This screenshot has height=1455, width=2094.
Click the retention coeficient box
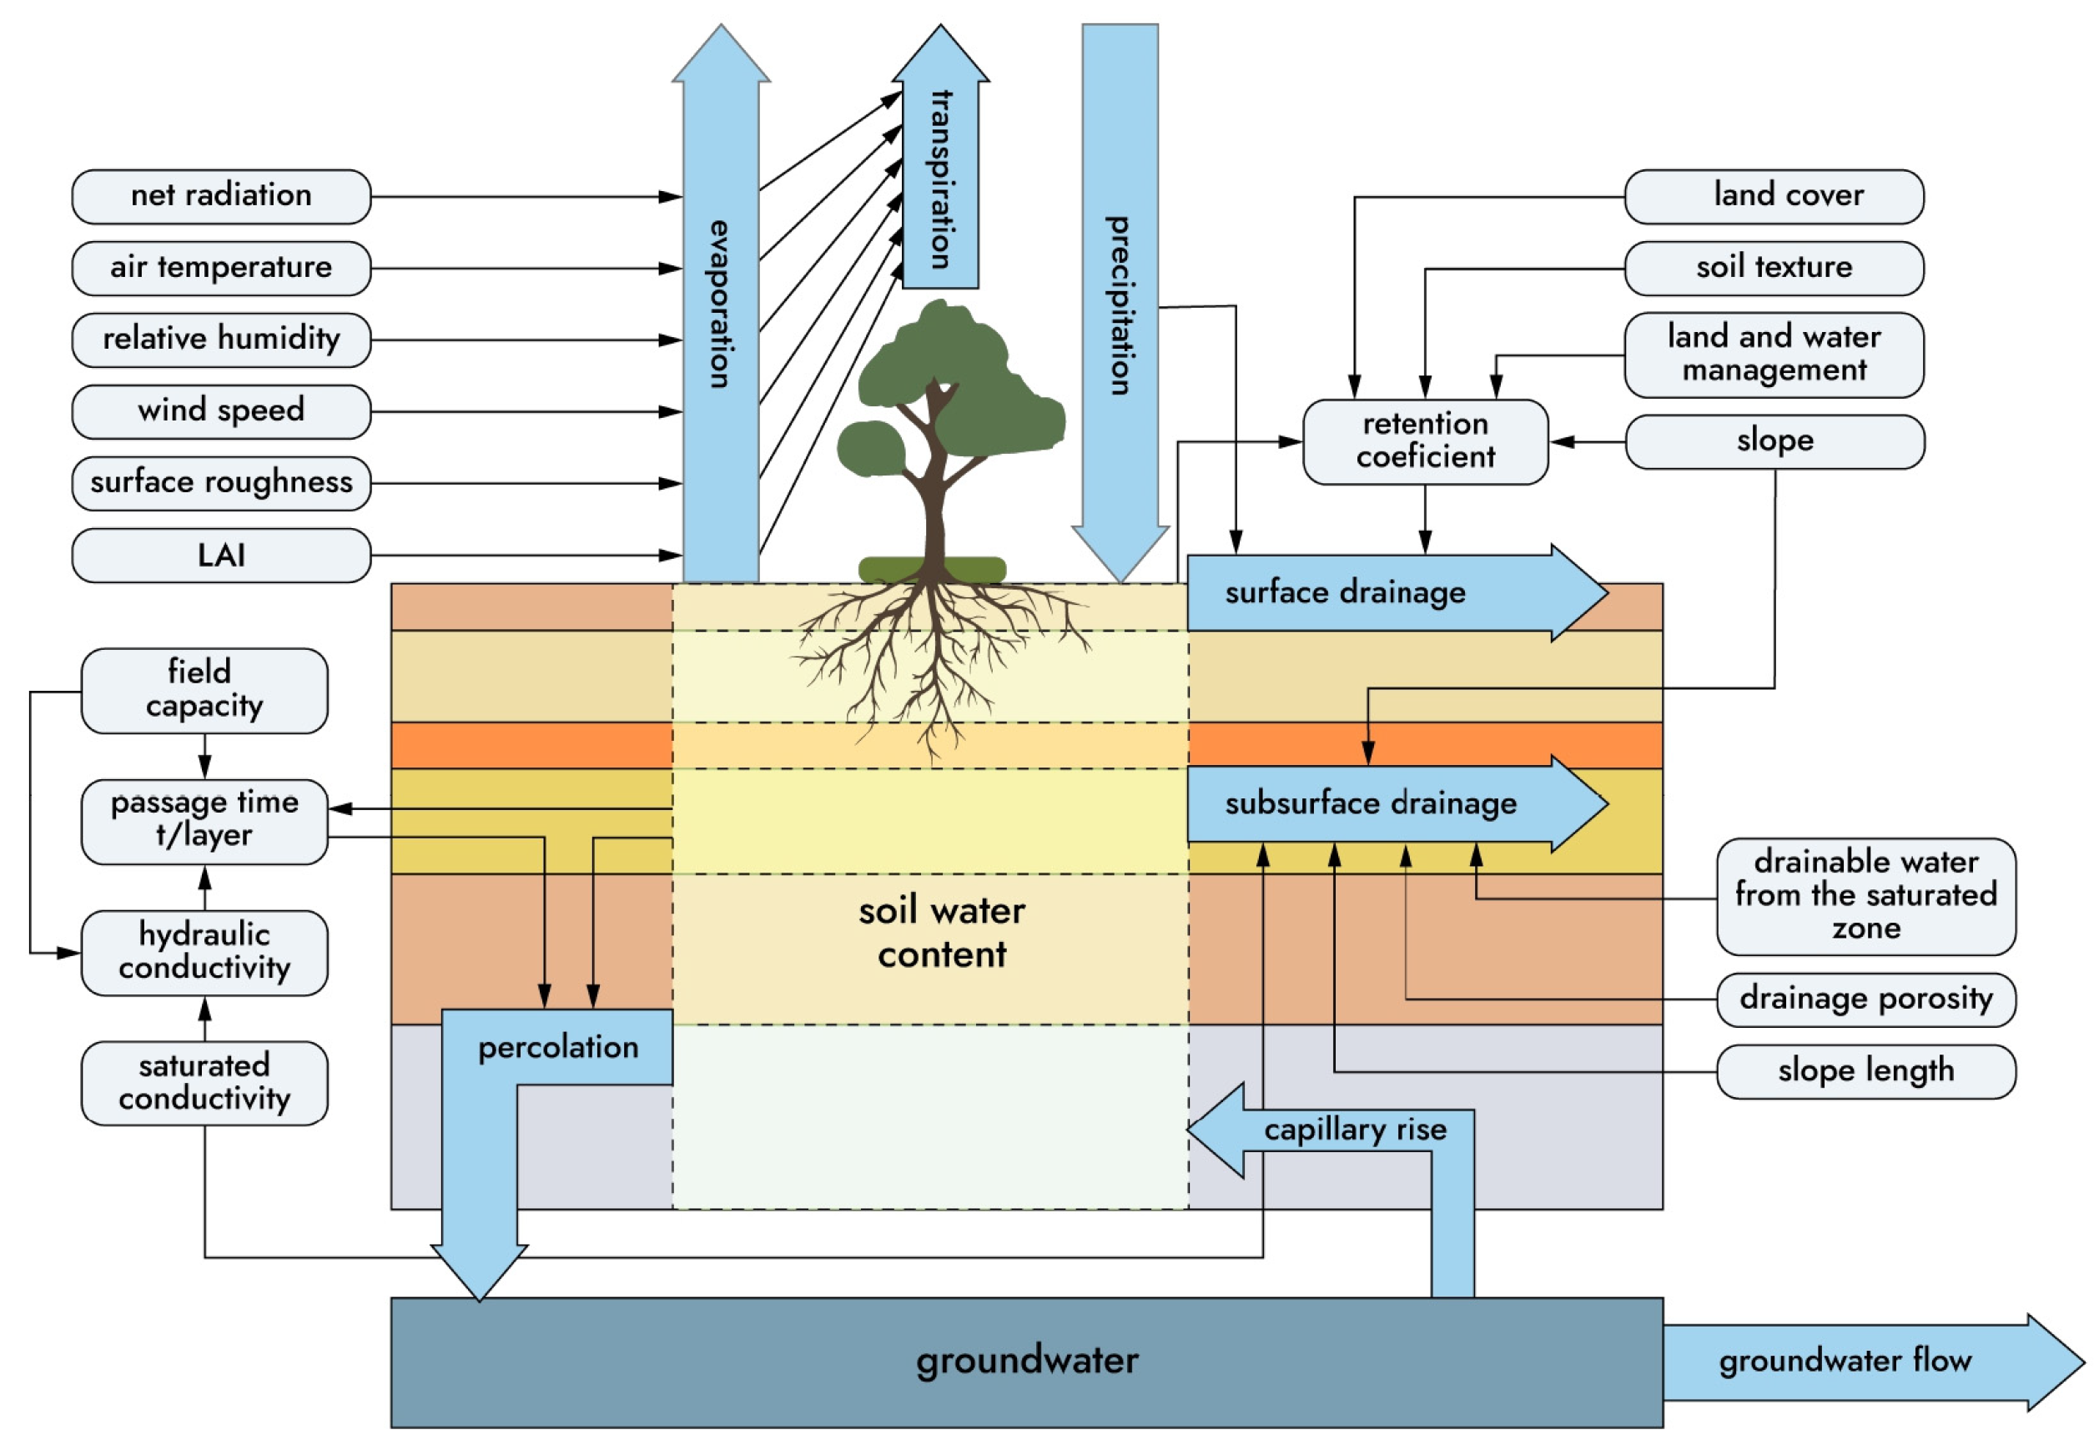[x=1424, y=441]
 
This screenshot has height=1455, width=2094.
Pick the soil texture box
[x=1773, y=268]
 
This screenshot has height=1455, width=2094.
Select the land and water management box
[x=1773, y=355]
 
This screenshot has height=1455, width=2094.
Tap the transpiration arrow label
[x=940, y=179]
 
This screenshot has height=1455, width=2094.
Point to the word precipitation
[x=1119, y=305]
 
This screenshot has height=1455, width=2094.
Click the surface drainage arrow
[x=1345, y=592]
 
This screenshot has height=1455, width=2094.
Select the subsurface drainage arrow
[x=1369, y=803]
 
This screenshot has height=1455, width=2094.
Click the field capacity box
[x=204, y=689]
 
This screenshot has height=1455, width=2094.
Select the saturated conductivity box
[x=204, y=1082]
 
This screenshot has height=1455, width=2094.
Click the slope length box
[x=1865, y=1070]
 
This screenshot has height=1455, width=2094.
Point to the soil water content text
[x=941, y=933]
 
